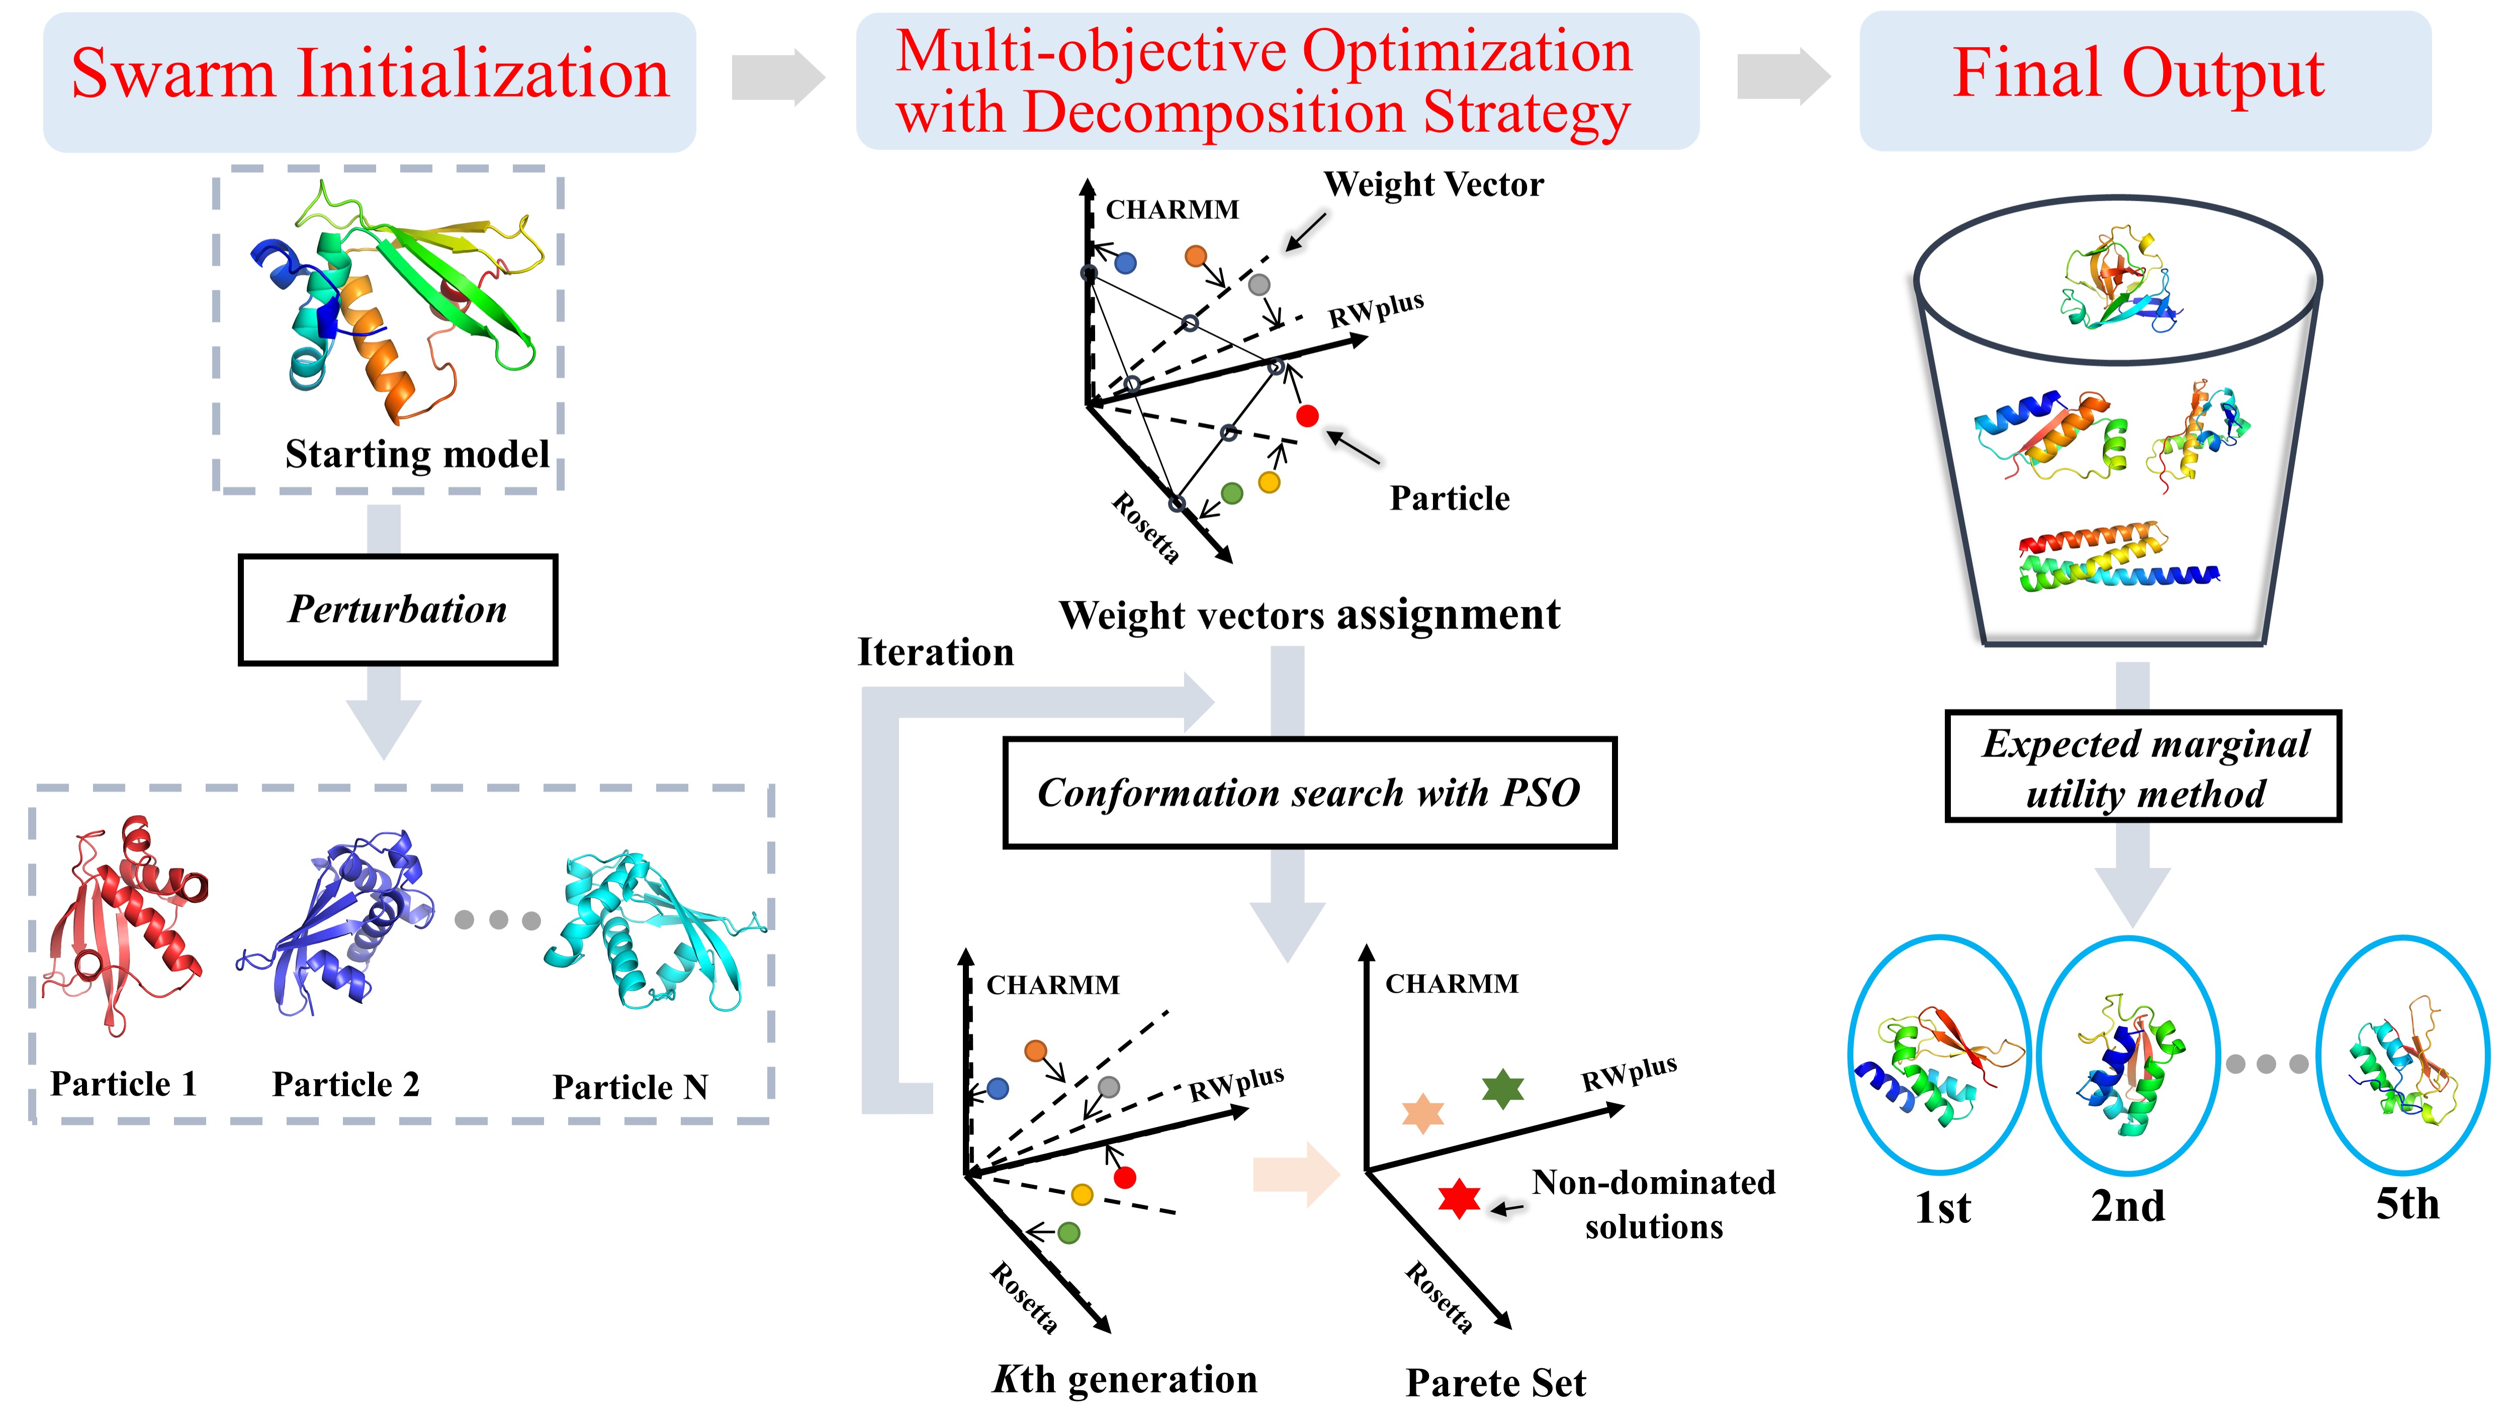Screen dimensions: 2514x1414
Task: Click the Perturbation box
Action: tap(398, 610)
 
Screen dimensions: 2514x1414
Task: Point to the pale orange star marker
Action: tap(1423, 1113)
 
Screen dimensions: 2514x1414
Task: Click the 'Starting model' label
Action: tap(417, 455)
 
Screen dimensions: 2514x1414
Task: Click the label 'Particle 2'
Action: tap(345, 1084)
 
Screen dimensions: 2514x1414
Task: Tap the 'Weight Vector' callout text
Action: tap(1433, 185)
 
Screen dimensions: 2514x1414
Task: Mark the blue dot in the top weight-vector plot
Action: tap(1125, 262)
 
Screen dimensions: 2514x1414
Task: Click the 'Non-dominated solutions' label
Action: tap(1653, 1204)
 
